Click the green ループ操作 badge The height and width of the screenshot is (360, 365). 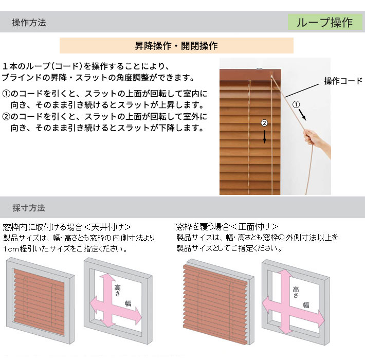[325, 22]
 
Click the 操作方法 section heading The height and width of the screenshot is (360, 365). [29, 23]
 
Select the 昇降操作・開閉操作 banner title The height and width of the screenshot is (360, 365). [176, 46]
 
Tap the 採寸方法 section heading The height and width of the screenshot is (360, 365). [28, 208]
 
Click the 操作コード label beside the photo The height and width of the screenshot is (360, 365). [343, 81]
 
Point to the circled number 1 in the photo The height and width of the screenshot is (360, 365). [296, 104]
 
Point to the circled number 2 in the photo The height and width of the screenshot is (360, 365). [264, 123]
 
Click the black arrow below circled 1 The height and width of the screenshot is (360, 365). [302, 115]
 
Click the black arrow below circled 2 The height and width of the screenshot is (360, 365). [264, 136]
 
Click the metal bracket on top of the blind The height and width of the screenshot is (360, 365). [260, 69]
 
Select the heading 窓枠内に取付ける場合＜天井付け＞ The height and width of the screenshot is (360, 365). [67, 227]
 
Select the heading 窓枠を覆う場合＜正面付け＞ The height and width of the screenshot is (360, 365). [227, 226]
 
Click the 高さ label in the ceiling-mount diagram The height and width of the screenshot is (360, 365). [118, 291]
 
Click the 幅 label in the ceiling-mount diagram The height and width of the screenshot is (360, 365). [128, 303]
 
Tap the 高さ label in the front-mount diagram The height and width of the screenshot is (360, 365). [296, 292]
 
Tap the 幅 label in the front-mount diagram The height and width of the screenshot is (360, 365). [306, 305]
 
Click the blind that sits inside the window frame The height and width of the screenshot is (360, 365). [39, 302]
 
